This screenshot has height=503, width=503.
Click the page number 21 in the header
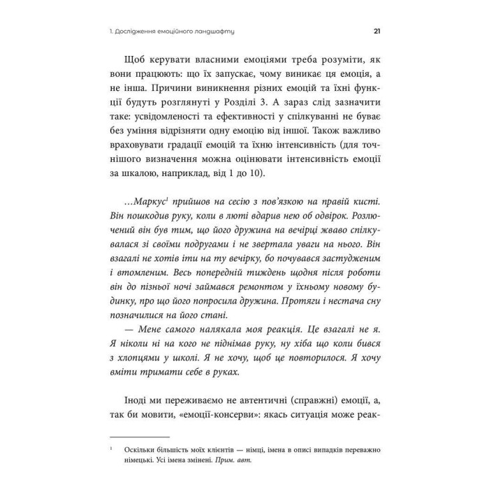tap(377, 31)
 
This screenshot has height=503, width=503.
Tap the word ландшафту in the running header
tap(212, 31)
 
